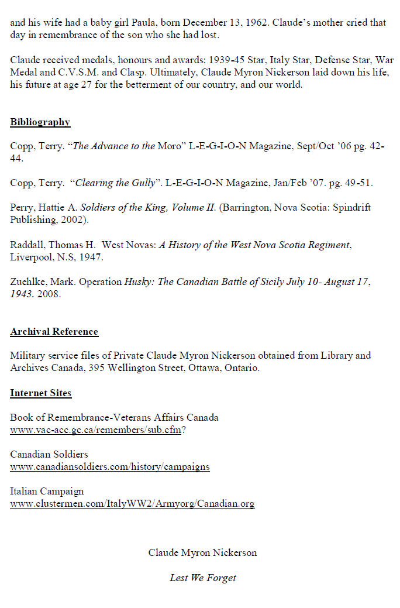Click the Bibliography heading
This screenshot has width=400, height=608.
(x=40, y=122)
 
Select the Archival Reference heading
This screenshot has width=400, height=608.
(x=54, y=332)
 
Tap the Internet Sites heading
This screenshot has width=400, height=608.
(x=40, y=393)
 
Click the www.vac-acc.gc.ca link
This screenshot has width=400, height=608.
(x=95, y=430)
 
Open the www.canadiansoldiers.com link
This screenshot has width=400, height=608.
(x=109, y=466)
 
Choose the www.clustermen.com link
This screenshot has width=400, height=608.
(x=132, y=503)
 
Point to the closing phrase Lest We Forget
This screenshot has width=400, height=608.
(x=203, y=578)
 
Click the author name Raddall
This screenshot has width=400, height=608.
(x=27, y=245)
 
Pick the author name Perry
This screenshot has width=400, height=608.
(x=22, y=208)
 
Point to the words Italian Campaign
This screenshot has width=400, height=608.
(x=47, y=491)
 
